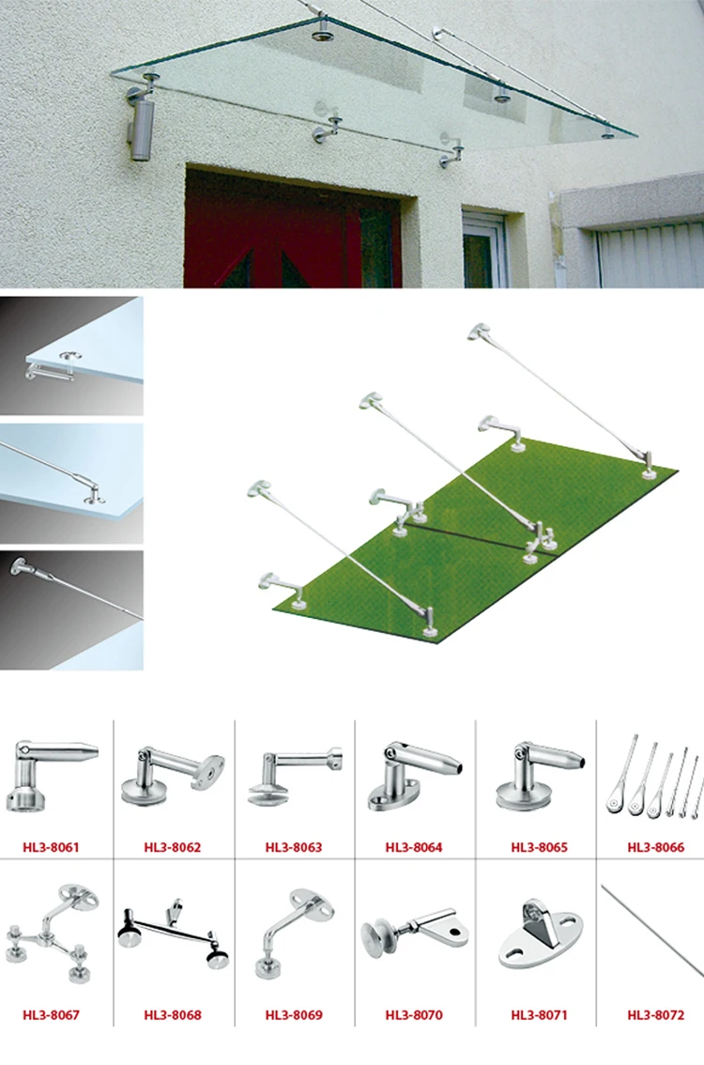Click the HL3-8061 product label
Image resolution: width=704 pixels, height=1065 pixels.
pyautogui.click(x=52, y=847)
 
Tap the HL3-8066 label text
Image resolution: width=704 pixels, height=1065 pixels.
pyautogui.click(x=656, y=847)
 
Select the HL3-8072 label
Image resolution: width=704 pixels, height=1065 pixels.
pyautogui.click(x=656, y=1015)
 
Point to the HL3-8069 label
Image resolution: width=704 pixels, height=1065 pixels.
pyautogui.click(x=294, y=1015)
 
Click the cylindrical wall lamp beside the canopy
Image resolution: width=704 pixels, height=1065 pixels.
pyautogui.click(x=141, y=127)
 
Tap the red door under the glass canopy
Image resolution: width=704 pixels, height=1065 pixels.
pyautogui.click(x=282, y=235)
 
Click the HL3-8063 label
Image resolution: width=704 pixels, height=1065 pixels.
pyautogui.click(x=294, y=847)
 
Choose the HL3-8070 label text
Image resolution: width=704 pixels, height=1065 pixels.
pyautogui.click(x=414, y=1015)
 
